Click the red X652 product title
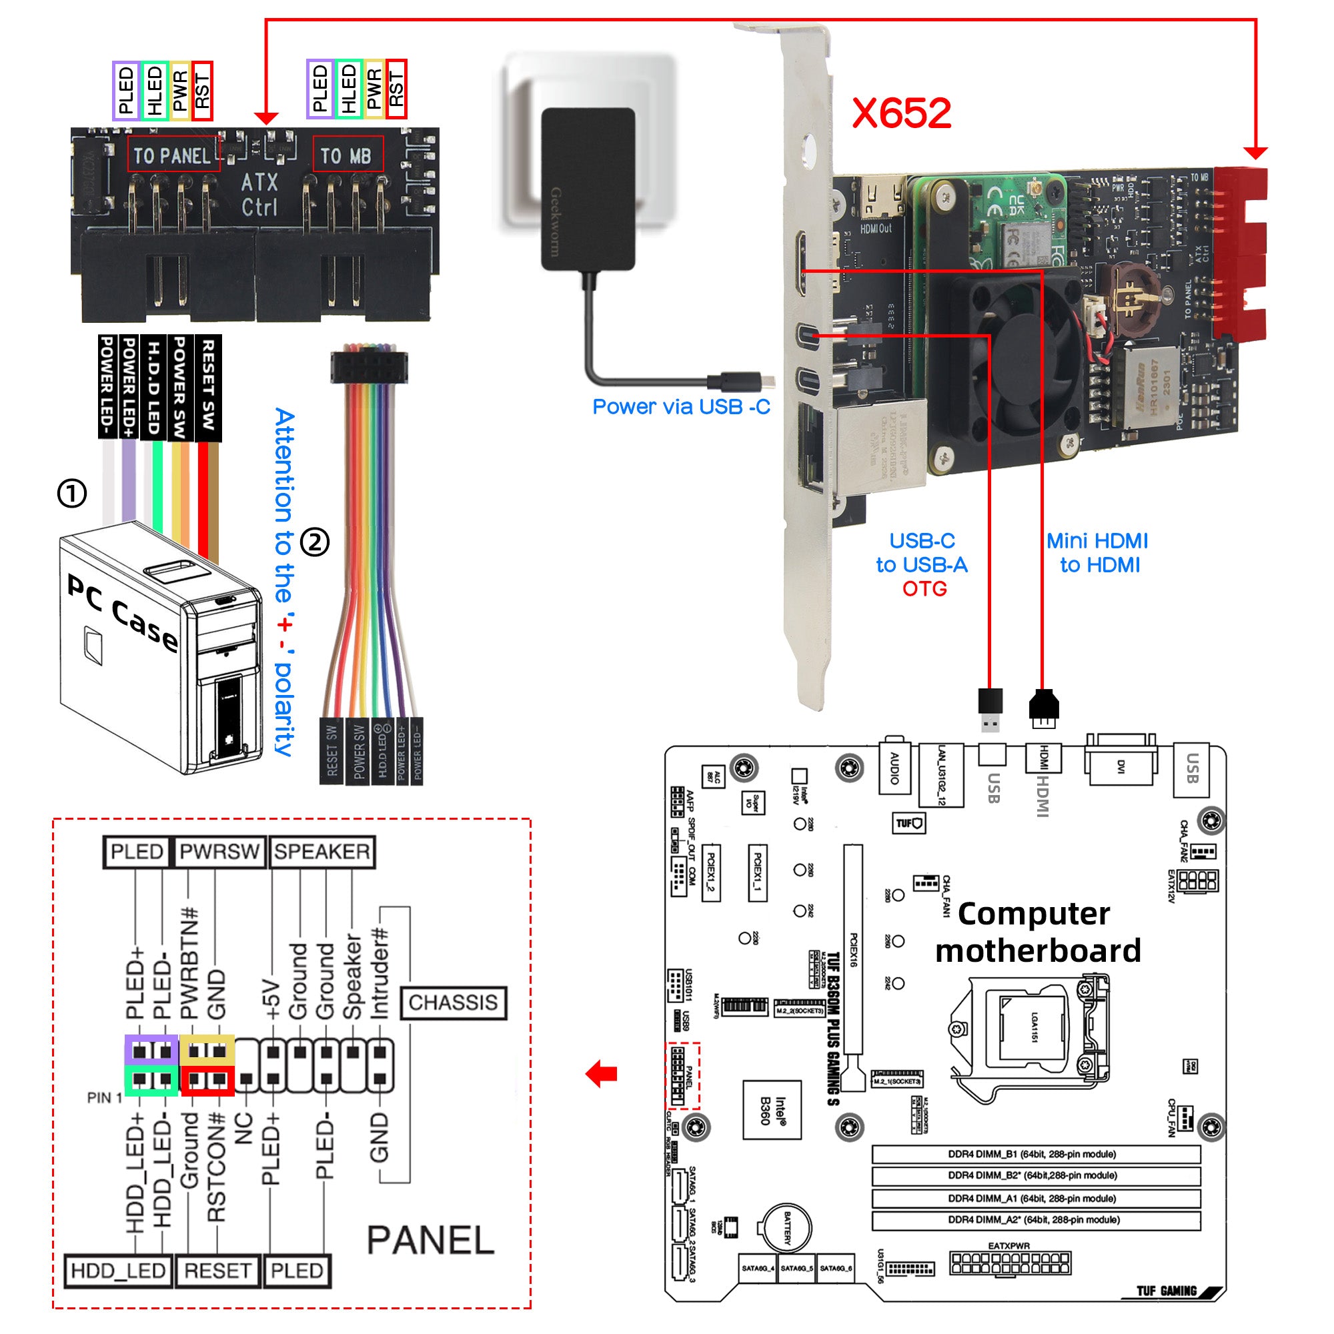click(901, 113)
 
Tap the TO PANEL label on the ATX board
click(173, 155)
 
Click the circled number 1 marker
click(72, 493)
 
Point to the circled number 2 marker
click(315, 542)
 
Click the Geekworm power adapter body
click(588, 188)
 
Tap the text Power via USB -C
click(681, 407)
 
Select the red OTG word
click(924, 589)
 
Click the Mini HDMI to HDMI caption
click(1098, 552)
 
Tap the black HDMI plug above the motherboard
click(1043, 706)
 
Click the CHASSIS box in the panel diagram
click(453, 1003)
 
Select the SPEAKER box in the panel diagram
click(321, 851)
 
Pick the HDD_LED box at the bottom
click(118, 1271)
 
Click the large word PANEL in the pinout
click(430, 1240)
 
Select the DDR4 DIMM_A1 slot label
click(1035, 1199)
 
